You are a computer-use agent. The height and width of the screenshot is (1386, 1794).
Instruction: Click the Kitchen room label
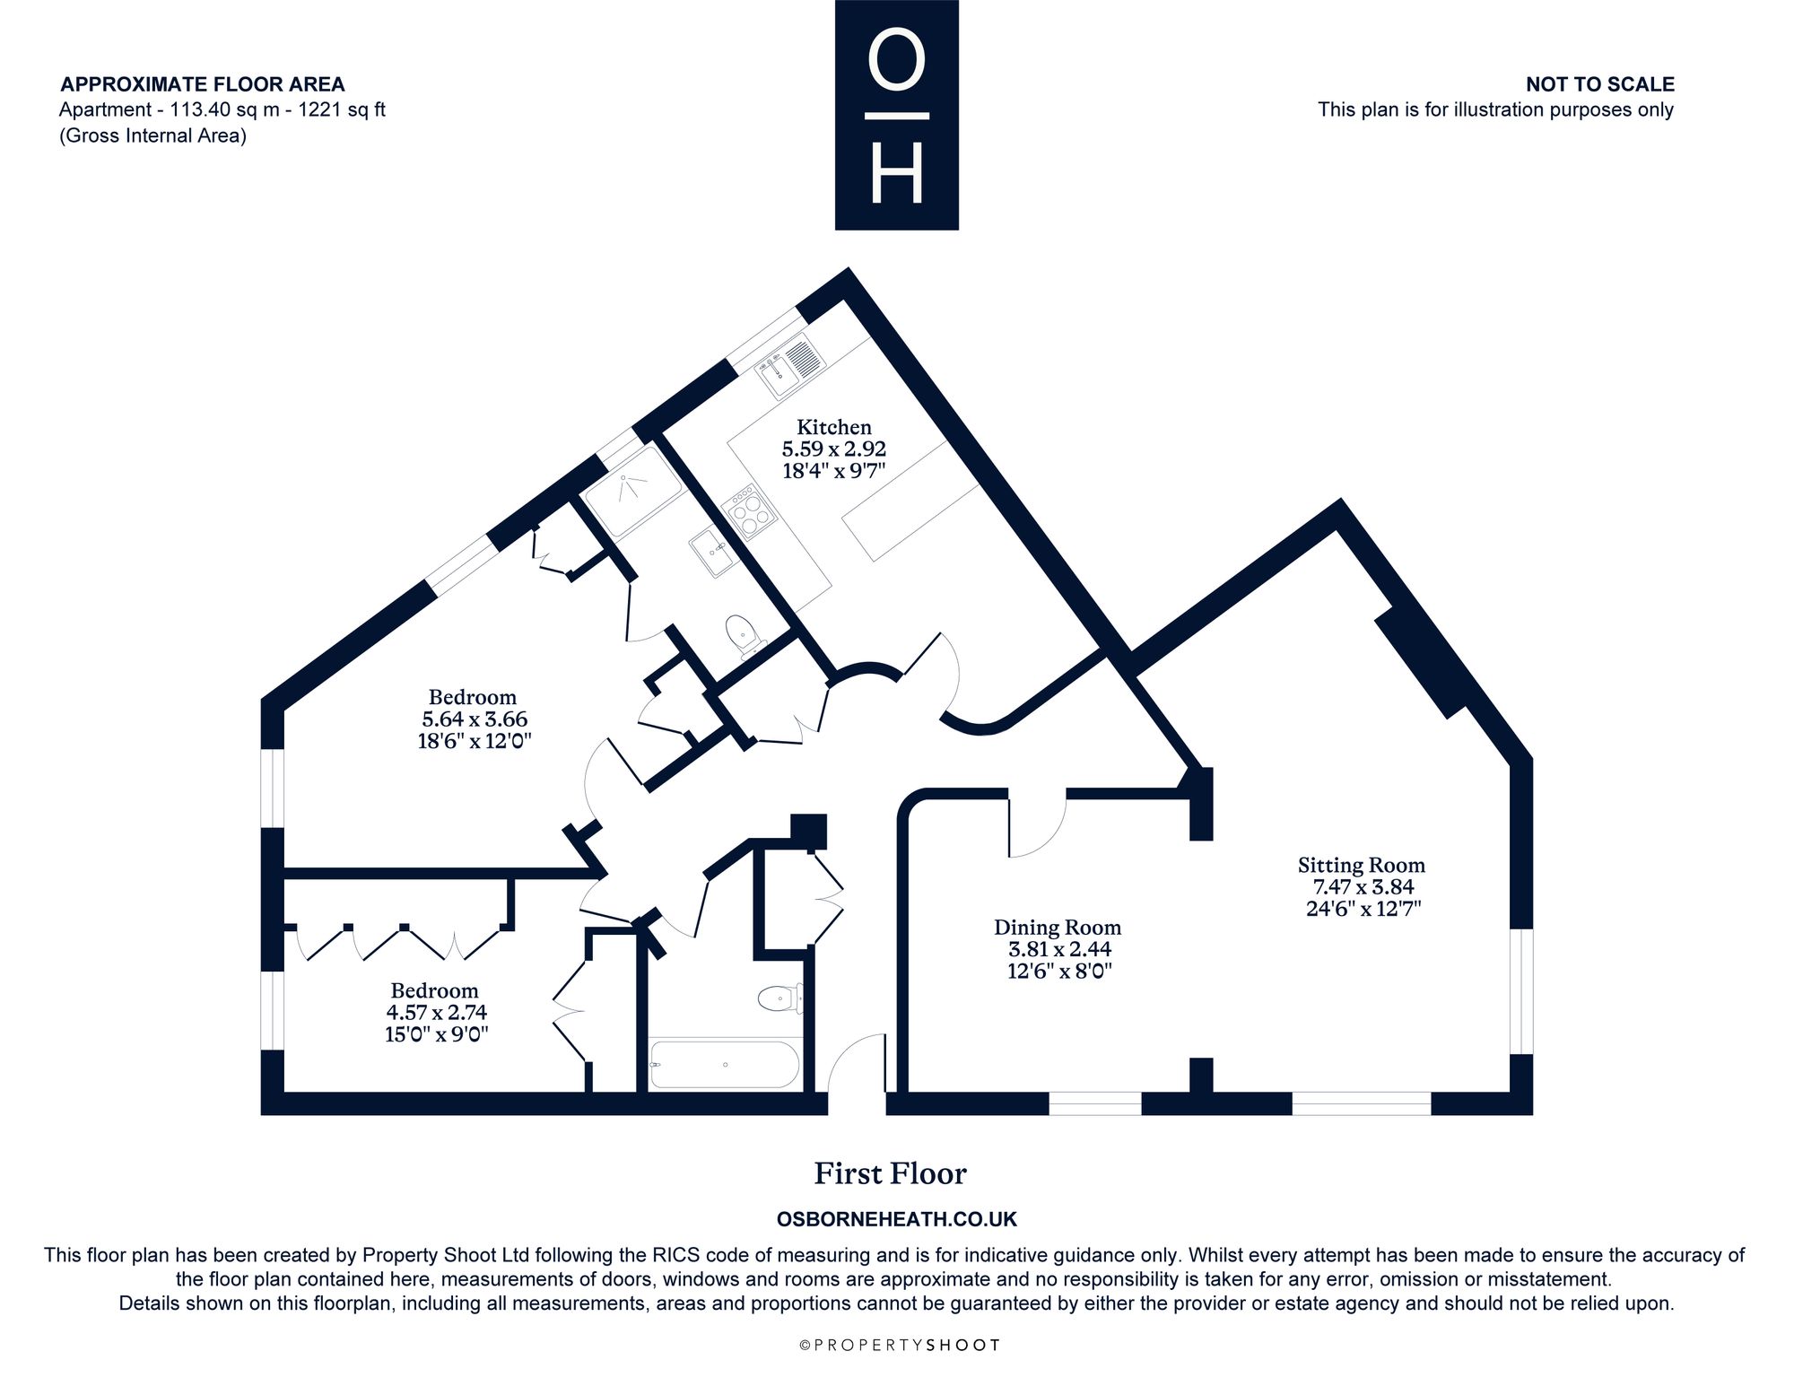(x=834, y=427)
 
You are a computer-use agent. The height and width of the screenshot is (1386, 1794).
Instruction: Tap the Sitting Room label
(x=1361, y=865)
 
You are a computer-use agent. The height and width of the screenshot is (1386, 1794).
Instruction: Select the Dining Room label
(x=1058, y=928)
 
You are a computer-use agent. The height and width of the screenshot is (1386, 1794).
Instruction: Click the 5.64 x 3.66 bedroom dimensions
(x=475, y=719)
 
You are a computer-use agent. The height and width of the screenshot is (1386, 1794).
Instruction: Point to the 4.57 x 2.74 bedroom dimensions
(x=437, y=1012)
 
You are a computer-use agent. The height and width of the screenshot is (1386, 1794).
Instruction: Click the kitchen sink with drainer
(x=790, y=366)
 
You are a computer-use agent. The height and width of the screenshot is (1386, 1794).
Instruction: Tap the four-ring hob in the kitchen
(x=751, y=510)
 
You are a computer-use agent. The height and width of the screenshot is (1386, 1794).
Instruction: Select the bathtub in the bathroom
(x=723, y=1065)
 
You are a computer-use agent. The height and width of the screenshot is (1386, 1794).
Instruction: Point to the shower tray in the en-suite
(x=632, y=493)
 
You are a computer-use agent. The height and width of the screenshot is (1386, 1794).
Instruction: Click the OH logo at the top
(x=897, y=115)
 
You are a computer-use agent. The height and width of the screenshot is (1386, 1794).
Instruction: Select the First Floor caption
(x=890, y=1173)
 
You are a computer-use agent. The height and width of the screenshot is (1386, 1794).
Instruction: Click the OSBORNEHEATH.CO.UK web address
(x=896, y=1220)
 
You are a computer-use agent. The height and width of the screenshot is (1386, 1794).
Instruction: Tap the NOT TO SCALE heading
(x=1600, y=84)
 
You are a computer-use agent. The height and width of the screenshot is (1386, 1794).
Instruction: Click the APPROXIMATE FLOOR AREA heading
(x=203, y=84)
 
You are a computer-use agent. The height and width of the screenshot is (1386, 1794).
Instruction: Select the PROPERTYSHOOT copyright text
(x=899, y=1345)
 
